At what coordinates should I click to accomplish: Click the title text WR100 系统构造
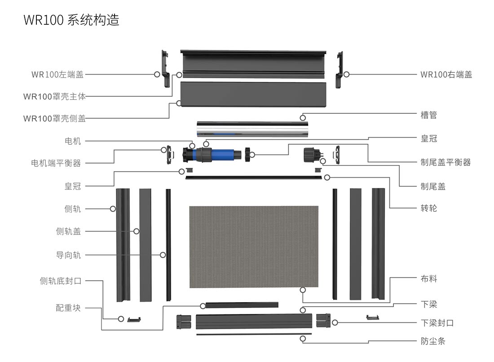point(71,20)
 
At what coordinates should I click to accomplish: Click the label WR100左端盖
point(57,75)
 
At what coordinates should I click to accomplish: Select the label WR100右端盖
point(446,75)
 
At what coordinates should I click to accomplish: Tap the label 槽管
point(428,115)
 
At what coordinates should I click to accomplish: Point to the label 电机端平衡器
point(56,163)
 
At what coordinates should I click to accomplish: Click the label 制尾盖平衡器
point(445,162)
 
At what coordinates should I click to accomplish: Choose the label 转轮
point(428,208)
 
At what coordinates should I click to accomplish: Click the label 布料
point(428,279)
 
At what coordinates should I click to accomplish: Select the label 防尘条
point(433,341)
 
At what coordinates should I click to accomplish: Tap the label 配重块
point(68,308)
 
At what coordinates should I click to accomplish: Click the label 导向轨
point(68,255)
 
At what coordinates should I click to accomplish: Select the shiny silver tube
point(252,129)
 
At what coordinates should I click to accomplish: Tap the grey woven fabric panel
point(254,246)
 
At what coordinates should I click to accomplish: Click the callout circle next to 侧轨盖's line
point(136,231)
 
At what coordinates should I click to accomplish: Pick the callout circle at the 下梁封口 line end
point(335,322)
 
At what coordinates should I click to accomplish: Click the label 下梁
point(428,304)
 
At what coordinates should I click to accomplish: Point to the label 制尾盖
point(433,186)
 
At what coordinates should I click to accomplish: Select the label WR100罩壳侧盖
point(54,119)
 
